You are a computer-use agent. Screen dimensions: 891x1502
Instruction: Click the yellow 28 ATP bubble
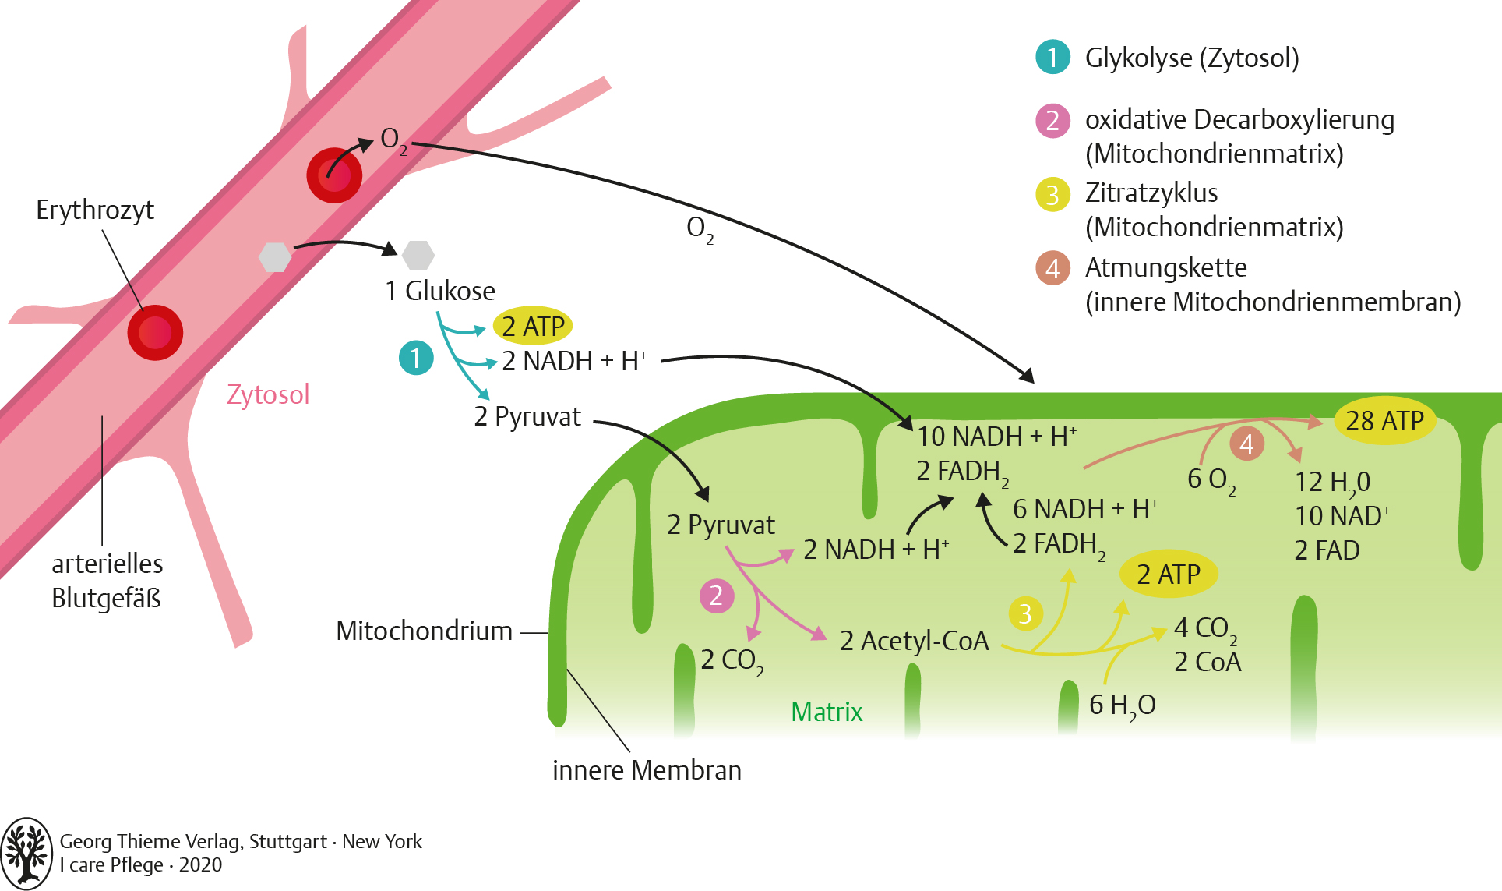(x=1384, y=421)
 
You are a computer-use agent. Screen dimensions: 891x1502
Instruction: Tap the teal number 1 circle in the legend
(x=1052, y=57)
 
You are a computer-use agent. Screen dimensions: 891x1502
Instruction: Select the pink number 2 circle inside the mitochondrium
(x=716, y=596)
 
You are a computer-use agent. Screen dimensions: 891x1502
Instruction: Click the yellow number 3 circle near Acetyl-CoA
(x=1025, y=613)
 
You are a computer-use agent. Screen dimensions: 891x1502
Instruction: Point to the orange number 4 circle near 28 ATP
(x=1246, y=444)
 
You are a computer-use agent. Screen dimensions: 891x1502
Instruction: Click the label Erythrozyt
(x=95, y=210)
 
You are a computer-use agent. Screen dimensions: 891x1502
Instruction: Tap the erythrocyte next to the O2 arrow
(x=334, y=175)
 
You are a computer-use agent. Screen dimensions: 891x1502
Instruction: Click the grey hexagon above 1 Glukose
(x=418, y=255)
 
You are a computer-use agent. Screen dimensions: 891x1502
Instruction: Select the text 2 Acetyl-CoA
(x=914, y=641)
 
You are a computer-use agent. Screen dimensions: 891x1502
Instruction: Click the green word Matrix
(x=827, y=712)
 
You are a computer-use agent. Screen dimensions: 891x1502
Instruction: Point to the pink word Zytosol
(x=268, y=394)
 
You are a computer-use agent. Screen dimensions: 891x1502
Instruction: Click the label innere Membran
(x=647, y=770)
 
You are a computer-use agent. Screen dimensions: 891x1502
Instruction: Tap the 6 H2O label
(x=1122, y=705)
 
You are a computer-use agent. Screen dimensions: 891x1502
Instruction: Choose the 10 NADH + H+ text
(x=996, y=437)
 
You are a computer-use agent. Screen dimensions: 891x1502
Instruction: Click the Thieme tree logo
(x=26, y=853)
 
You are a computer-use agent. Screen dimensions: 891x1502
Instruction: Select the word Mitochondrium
(x=424, y=631)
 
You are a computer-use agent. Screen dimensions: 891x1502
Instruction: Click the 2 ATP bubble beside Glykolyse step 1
(x=533, y=326)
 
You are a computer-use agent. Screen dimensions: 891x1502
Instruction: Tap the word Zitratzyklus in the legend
(x=1151, y=193)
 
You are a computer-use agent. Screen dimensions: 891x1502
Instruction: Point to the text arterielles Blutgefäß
(x=108, y=581)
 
